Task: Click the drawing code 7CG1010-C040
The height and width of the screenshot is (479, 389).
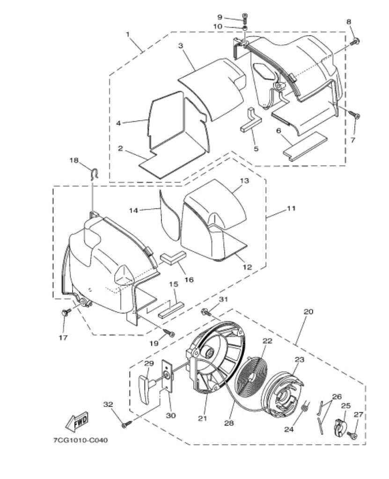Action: (81, 440)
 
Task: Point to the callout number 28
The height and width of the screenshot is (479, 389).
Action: (229, 423)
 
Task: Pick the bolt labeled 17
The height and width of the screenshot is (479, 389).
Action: (66, 312)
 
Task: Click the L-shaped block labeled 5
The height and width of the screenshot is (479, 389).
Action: (251, 120)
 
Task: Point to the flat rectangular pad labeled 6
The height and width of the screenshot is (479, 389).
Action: (305, 146)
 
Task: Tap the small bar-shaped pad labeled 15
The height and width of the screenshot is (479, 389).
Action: (171, 310)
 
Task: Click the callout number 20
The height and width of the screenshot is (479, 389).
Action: (308, 312)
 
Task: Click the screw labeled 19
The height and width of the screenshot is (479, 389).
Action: (169, 333)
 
